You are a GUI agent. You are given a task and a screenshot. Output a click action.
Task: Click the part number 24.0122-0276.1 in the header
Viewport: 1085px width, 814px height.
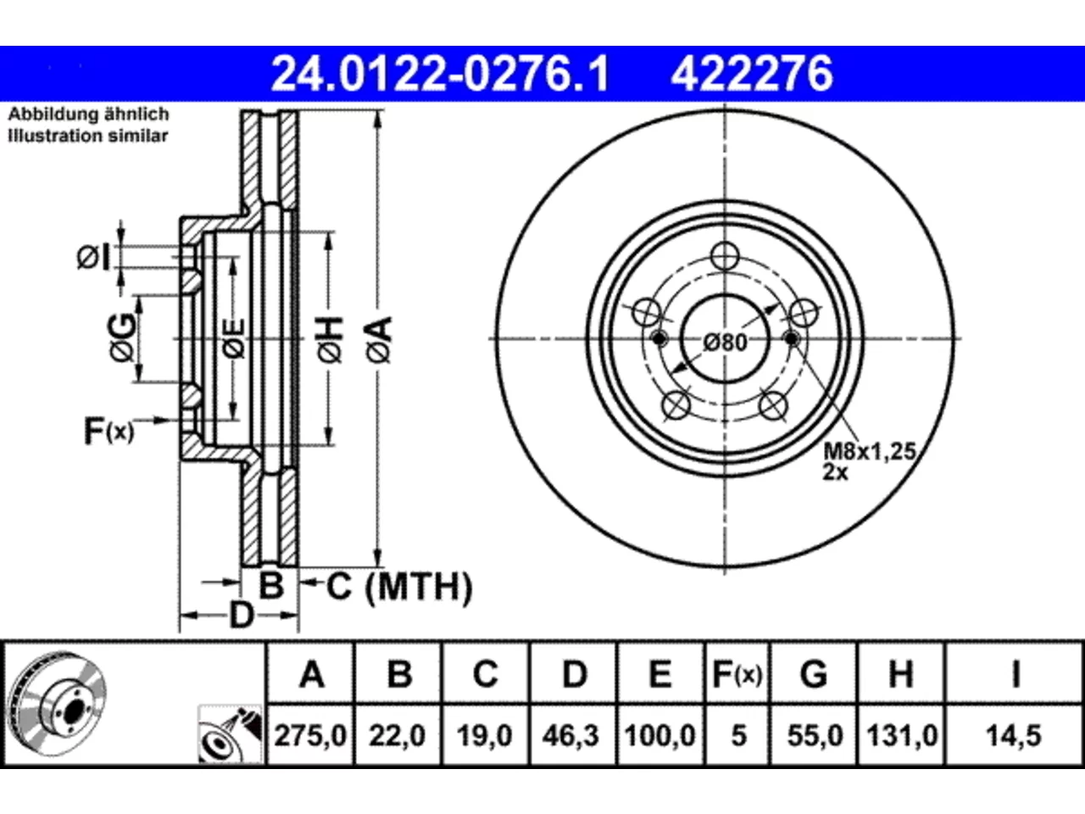[x=440, y=74]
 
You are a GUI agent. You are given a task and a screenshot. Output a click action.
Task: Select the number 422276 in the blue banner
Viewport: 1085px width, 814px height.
[x=752, y=74]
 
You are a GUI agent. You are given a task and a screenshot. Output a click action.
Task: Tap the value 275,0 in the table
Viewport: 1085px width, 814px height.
[x=310, y=736]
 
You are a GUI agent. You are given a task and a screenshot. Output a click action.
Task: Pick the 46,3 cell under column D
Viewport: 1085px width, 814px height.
[x=570, y=736]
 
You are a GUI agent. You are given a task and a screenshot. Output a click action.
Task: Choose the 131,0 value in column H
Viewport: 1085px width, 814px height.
[x=902, y=736]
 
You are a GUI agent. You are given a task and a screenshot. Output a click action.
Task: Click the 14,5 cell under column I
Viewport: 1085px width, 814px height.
[x=1013, y=736]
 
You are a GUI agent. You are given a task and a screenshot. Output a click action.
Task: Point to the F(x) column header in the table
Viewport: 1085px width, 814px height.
[x=737, y=673]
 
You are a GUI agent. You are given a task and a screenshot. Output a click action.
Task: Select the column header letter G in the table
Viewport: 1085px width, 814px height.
[x=814, y=673]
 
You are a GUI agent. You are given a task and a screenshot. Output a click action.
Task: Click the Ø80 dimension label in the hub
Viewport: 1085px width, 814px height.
[x=725, y=343]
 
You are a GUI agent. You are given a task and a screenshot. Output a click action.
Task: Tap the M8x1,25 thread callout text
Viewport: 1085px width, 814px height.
[x=870, y=451]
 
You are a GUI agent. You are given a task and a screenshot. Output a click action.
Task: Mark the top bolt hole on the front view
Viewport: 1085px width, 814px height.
[x=725, y=256]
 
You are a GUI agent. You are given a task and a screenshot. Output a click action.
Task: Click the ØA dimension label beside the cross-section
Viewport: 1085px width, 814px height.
[x=379, y=339]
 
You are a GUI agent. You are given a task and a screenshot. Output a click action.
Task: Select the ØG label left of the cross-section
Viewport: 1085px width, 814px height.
[x=121, y=337]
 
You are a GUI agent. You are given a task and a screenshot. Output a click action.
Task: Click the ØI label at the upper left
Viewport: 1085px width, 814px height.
[x=93, y=258]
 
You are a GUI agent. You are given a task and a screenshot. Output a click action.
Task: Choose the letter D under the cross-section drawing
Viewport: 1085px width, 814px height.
[x=242, y=616]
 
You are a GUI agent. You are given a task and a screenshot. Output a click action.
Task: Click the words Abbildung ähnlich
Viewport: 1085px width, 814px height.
[x=88, y=114]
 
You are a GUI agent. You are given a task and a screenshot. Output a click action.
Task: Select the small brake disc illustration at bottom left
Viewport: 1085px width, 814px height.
[x=58, y=705]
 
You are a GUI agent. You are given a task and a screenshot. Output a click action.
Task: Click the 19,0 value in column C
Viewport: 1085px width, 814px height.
[x=484, y=736]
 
